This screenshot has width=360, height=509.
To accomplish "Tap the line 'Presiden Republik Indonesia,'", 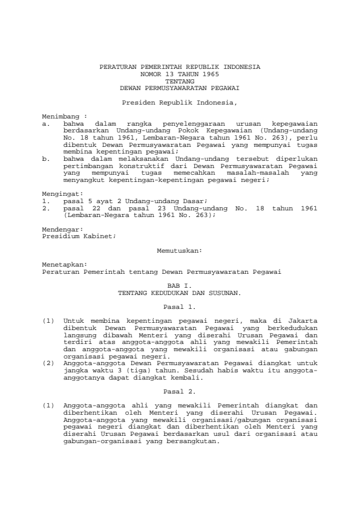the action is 180,103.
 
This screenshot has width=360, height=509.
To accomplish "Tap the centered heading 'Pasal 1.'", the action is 180,306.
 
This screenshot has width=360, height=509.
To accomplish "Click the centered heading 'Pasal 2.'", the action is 180,391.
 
